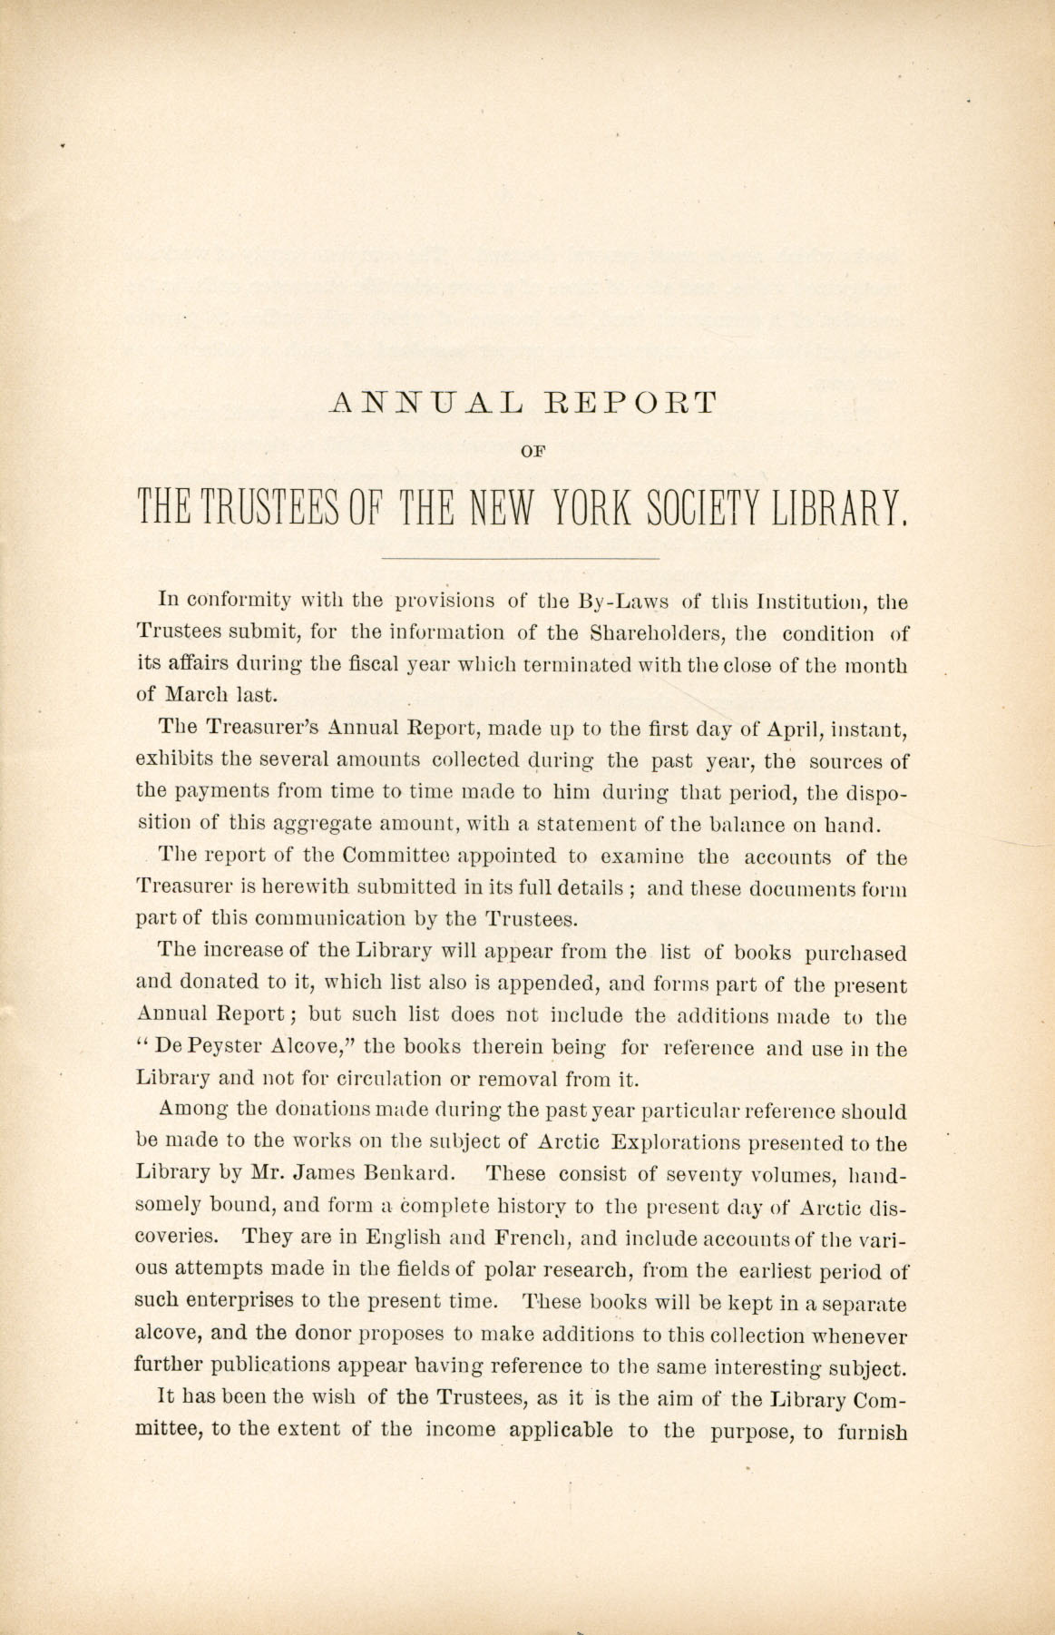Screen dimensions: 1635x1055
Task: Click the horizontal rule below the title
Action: pos(521,557)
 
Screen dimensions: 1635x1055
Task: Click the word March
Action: pos(200,696)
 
